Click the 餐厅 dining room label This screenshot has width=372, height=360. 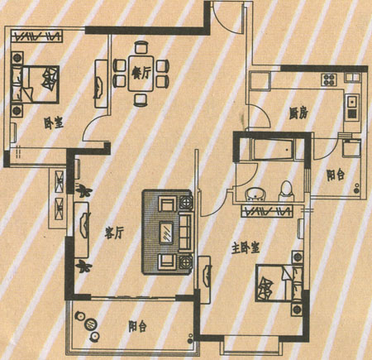coord(141,74)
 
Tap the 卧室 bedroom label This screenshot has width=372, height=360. coord(54,123)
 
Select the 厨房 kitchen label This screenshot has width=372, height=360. coord(298,113)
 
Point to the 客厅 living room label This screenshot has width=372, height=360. coord(114,233)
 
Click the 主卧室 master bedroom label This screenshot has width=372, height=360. coord(246,247)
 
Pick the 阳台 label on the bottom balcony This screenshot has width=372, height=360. coord(137,326)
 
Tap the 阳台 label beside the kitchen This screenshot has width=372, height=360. coord(336,175)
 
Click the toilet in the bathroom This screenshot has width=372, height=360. coord(287,191)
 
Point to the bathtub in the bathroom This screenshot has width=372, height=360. coord(273,150)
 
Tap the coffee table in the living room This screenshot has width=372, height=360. coord(166,233)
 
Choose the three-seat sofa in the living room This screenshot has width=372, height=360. coord(185,232)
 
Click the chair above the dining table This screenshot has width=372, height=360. coord(141,47)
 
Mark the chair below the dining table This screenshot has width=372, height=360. coord(141,100)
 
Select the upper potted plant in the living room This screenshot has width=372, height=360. coord(83,190)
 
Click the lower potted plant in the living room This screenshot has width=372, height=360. coord(83,266)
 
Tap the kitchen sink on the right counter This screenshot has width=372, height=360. coord(353,103)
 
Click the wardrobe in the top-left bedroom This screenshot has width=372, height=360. coord(37,36)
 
